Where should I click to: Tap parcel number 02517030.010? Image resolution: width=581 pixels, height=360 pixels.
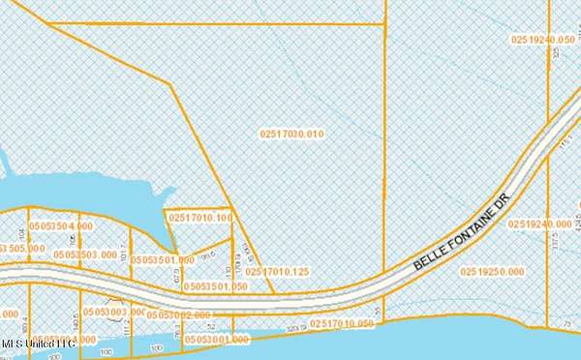point(291,134)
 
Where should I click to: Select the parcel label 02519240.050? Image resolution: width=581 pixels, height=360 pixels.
point(543,39)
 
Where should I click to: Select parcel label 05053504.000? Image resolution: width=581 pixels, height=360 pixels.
point(62,225)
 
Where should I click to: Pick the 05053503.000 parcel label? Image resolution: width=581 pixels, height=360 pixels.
point(86,254)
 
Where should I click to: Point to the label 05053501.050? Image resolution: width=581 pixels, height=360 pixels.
point(215,286)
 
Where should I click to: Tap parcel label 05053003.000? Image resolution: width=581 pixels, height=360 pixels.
point(113,312)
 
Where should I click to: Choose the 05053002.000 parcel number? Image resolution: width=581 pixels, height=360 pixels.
point(181,315)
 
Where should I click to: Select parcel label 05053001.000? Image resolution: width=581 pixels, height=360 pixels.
point(216,340)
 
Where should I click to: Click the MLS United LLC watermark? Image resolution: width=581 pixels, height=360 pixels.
point(38,344)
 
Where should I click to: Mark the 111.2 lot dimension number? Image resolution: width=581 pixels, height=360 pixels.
point(127,329)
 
